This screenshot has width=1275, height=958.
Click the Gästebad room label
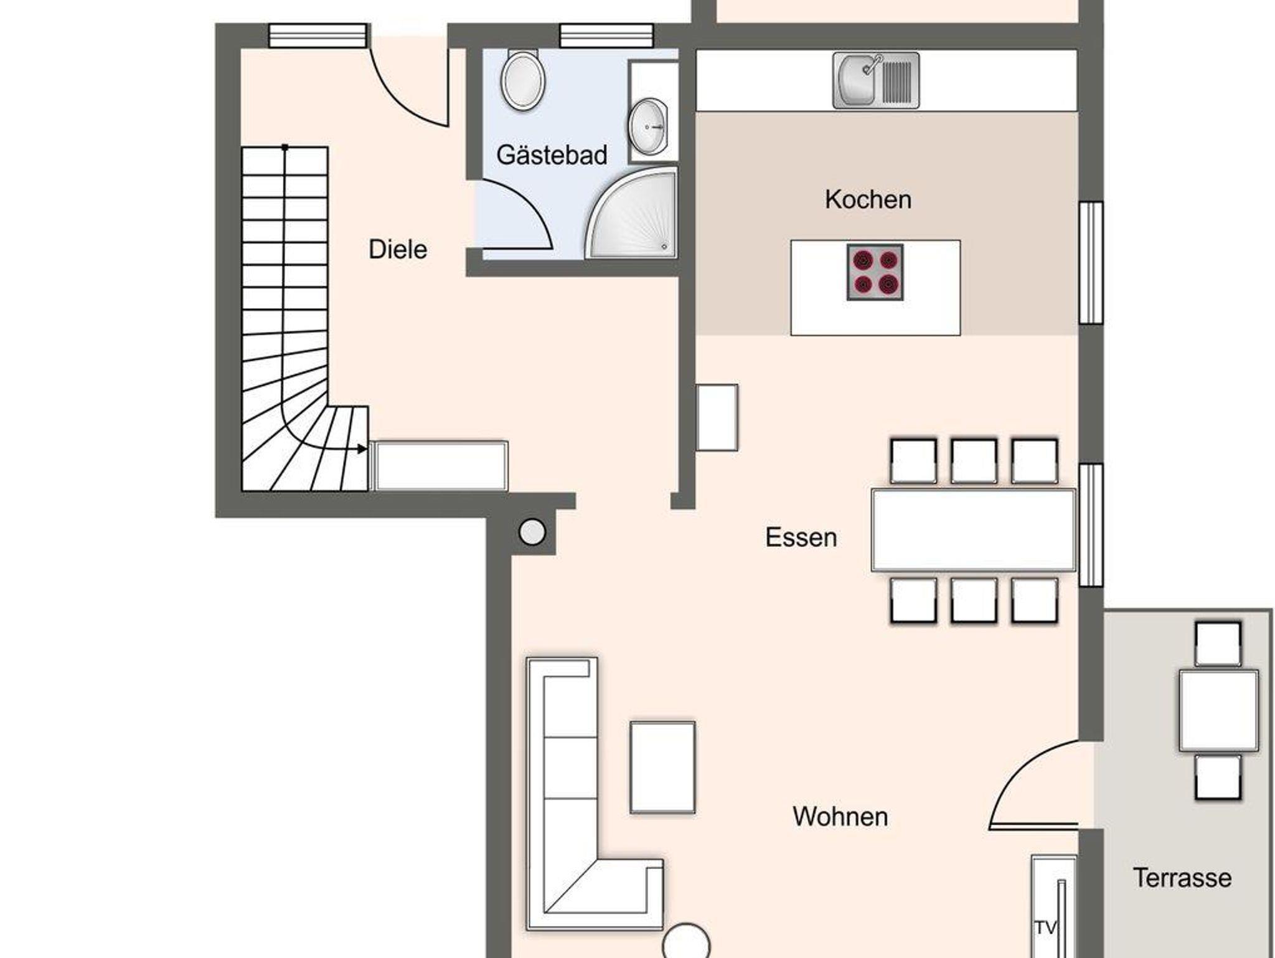(x=552, y=155)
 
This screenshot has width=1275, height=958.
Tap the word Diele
(x=398, y=250)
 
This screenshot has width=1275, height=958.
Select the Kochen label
(x=868, y=199)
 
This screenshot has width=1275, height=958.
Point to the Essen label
(x=801, y=538)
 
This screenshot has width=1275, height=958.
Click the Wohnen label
(x=840, y=817)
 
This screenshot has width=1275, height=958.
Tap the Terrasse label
(x=1182, y=878)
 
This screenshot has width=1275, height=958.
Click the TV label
(x=1046, y=928)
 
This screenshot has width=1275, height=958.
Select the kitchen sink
(x=876, y=80)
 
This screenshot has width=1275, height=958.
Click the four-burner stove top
(x=875, y=272)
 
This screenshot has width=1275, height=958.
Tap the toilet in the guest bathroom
(x=523, y=80)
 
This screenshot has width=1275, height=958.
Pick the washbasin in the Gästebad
(x=647, y=126)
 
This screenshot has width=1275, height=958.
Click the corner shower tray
(x=631, y=213)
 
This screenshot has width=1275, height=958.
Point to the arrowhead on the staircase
(x=362, y=449)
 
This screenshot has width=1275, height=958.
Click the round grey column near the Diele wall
(x=532, y=532)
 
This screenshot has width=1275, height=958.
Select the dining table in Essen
(x=974, y=530)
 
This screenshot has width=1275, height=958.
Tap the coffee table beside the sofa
(x=662, y=767)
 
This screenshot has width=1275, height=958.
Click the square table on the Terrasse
(x=1218, y=710)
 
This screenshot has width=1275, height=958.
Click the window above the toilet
(x=606, y=36)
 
